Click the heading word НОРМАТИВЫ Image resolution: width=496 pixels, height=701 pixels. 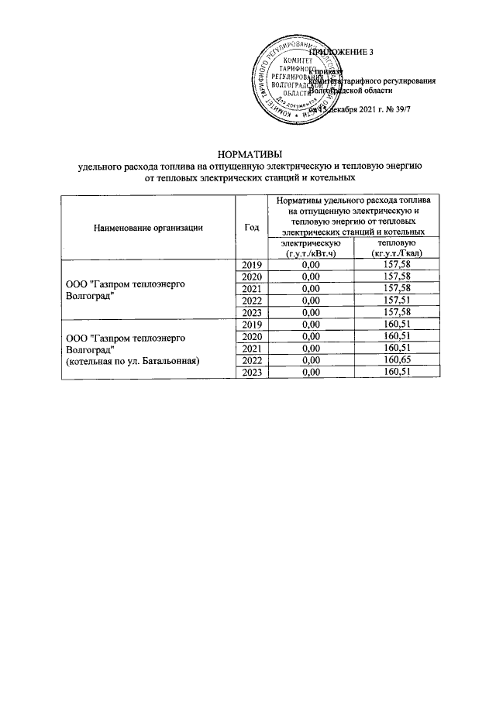click(248, 154)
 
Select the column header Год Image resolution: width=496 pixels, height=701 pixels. click(250, 227)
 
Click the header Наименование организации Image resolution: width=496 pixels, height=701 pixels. click(148, 227)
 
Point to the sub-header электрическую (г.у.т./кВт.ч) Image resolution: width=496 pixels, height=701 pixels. click(310, 249)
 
